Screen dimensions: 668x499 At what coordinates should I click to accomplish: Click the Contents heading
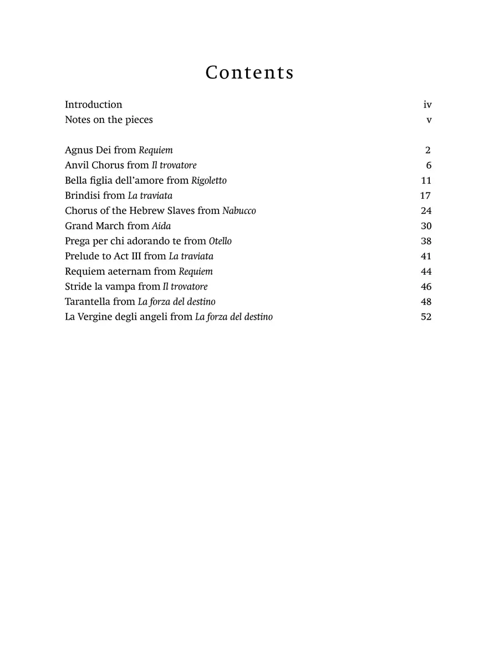pyautogui.click(x=249, y=73)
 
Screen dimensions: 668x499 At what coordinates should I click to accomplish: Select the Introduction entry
pyautogui.click(x=93, y=105)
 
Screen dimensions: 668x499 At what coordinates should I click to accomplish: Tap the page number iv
pyautogui.click(x=427, y=105)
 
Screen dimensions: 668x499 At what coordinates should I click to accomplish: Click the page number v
pyautogui.click(x=429, y=120)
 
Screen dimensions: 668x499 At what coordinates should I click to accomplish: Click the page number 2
pyautogui.click(x=428, y=150)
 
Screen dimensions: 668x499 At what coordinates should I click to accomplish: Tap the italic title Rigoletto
pyautogui.click(x=208, y=181)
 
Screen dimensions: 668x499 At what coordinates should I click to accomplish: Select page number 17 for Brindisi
pyautogui.click(x=426, y=196)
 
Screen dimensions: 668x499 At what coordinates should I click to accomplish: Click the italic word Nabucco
pyautogui.click(x=239, y=211)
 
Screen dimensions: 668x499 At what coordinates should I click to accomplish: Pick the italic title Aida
pyautogui.click(x=161, y=226)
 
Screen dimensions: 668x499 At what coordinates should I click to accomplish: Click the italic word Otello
pyautogui.click(x=220, y=241)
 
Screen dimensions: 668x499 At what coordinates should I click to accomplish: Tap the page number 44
pyautogui.click(x=426, y=271)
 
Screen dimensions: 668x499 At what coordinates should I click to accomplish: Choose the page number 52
pyautogui.click(x=426, y=317)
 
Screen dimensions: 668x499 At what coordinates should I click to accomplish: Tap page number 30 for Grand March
pyautogui.click(x=426, y=226)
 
